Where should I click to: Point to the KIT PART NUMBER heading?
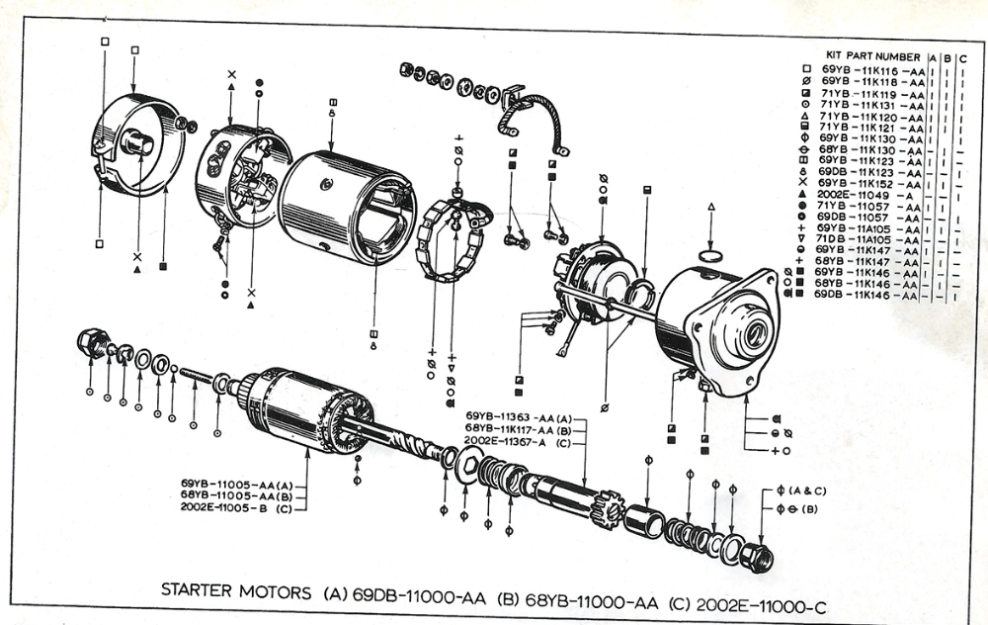[872, 56]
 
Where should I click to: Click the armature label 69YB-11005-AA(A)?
[237, 484]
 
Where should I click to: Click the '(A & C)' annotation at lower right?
[808, 491]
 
